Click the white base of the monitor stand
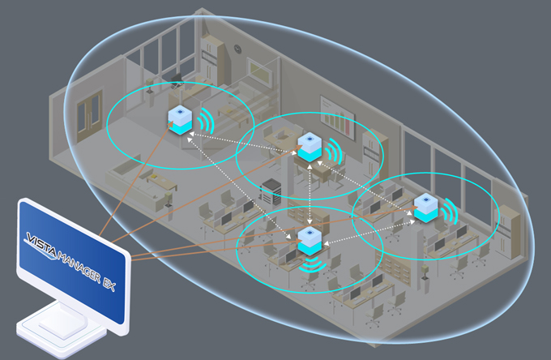tap(61, 329)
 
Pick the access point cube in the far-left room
tap(181, 118)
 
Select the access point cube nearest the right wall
tap(426, 208)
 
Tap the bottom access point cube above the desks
tap(310, 240)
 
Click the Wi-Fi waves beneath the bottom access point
tap(310, 265)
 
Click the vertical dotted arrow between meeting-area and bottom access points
tap(311, 195)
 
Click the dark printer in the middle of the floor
tap(269, 191)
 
